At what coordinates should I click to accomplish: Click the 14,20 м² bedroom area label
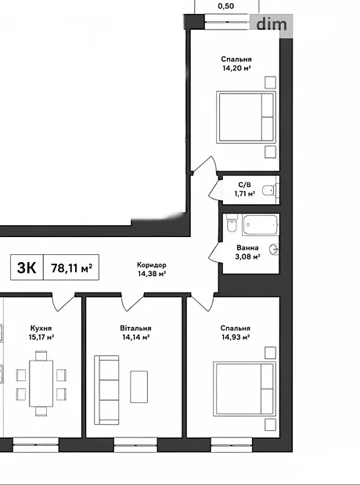[x=236, y=68]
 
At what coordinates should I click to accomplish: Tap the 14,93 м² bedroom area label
[x=236, y=337]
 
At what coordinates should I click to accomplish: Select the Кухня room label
[x=41, y=329]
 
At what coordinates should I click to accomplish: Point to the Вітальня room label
[x=136, y=329]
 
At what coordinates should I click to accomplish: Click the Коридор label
[x=152, y=265]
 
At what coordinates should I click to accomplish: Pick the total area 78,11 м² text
[x=72, y=268]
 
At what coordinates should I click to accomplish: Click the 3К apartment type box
[x=27, y=268]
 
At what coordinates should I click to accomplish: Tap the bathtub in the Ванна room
[x=261, y=225]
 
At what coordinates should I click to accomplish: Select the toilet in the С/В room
[x=268, y=191]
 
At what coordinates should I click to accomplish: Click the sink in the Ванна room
[x=274, y=250]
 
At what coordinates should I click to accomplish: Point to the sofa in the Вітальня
[x=106, y=390]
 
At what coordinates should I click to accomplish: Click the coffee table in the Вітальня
[x=139, y=387]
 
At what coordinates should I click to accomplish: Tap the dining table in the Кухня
[x=41, y=383]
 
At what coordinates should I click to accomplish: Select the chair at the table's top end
[x=41, y=356]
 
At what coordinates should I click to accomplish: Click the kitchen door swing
[x=63, y=303]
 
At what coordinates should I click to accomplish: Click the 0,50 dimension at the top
[x=226, y=6]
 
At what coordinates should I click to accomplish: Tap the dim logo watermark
[x=272, y=24]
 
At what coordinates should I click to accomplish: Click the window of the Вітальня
[x=135, y=445]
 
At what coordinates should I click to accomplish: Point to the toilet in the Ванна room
[x=232, y=224]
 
